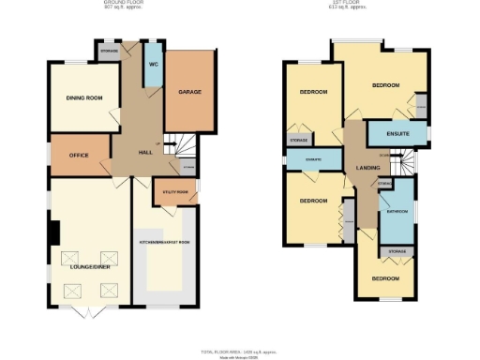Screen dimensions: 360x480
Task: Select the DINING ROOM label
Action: [x=83, y=97]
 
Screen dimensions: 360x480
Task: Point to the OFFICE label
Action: [x=79, y=155]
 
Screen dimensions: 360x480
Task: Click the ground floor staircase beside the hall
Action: [x=176, y=147]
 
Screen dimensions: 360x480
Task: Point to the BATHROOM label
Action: [x=397, y=213]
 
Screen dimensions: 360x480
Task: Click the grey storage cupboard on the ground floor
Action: [x=110, y=52]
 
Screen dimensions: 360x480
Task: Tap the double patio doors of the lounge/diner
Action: [x=85, y=309]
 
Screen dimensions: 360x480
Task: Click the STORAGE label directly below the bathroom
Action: [x=397, y=251]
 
